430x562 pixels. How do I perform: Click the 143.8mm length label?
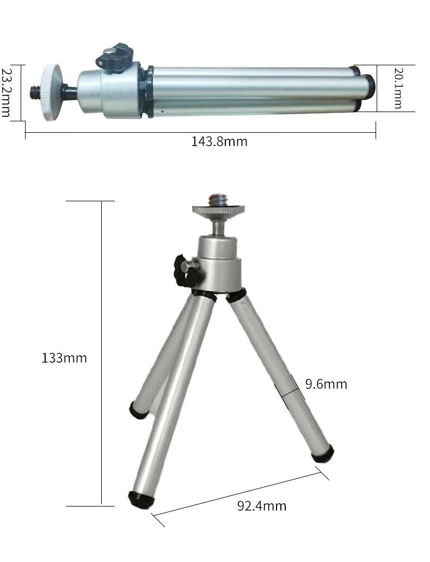click(x=219, y=141)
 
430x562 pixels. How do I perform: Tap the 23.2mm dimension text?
click(x=6, y=93)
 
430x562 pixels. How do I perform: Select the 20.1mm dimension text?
click(x=398, y=88)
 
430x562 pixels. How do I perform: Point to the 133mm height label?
click(x=64, y=358)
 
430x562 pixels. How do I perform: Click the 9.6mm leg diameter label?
click(x=326, y=384)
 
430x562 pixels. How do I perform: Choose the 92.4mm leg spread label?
click(x=262, y=506)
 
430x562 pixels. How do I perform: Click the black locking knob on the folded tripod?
click(x=115, y=56)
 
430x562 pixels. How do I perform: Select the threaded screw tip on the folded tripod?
click(x=35, y=92)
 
